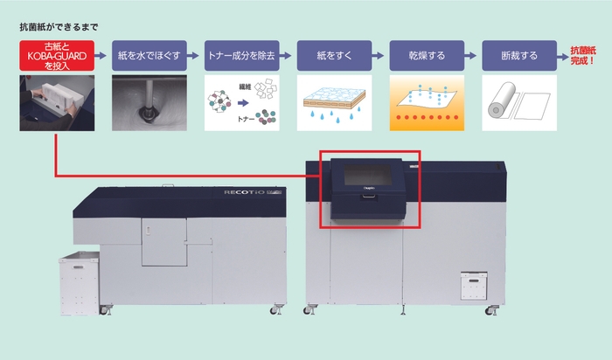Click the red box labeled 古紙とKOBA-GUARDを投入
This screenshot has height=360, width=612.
(57, 56)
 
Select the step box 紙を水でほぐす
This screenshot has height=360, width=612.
(150, 56)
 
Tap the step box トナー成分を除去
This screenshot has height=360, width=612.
(242, 56)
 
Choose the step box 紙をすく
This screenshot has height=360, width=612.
(335, 56)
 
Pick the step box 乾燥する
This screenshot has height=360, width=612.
(427, 56)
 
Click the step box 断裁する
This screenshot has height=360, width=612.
(519, 56)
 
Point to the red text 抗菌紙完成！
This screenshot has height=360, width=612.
(583, 56)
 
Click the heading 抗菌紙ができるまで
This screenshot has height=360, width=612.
(59, 27)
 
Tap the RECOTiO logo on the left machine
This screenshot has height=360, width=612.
(244, 192)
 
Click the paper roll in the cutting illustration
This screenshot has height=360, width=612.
(502, 100)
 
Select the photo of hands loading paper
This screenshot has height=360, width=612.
(57, 103)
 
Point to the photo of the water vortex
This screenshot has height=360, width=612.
(150, 103)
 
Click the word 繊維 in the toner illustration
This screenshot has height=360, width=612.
(245, 87)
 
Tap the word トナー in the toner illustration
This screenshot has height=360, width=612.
(246, 119)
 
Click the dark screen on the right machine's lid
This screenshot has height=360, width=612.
(368, 175)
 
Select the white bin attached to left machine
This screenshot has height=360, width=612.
(80, 283)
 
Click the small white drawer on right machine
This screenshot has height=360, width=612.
(474, 286)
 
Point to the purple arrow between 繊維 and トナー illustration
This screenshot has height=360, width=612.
(243, 103)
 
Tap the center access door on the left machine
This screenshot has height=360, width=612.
(164, 242)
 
